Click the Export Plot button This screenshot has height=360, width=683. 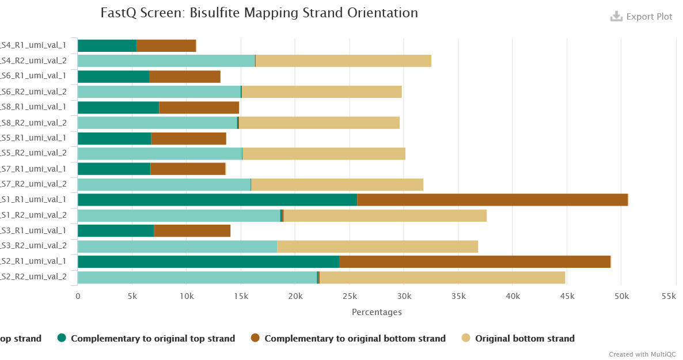click(x=642, y=17)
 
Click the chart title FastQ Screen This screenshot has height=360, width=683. click(x=259, y=13)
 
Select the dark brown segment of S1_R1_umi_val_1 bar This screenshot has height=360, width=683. click(x=492, y=200)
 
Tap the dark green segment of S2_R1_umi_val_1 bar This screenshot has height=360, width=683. click(x=208, y=262)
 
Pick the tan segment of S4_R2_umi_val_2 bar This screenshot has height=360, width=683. click(x=343, y=61)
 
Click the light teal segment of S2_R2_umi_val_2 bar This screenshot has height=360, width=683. click(x=197, y=277)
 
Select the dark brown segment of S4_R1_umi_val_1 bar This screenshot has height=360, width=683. click(x=166, y=46)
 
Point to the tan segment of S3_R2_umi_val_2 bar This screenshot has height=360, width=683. click(x=377, y=247)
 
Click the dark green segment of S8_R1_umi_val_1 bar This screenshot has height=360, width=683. click(x=118, y=108)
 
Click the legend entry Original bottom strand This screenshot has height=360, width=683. click(x=524, y=339)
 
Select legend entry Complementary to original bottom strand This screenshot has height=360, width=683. click(x=354, y=339)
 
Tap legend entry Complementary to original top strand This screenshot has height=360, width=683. click(x=152, y=339)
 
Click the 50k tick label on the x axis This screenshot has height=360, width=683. click(x=621, y=296)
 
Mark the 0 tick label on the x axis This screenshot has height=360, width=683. click(x=78, y=296)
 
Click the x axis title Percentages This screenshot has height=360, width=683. click(x=377, y=312)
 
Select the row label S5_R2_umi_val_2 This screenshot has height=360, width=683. click(x=34, y=153)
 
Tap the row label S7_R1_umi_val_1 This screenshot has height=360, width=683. click(x=34, y=169)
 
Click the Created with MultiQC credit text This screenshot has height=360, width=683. click(x=642, y=354)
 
